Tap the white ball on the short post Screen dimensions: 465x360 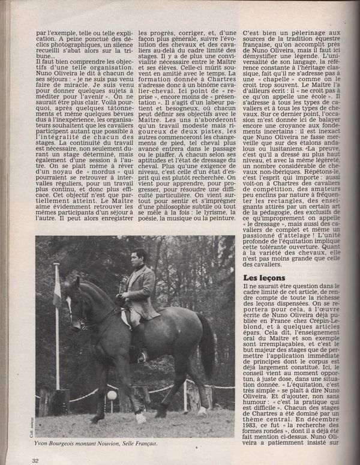click(x=112, y=395)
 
